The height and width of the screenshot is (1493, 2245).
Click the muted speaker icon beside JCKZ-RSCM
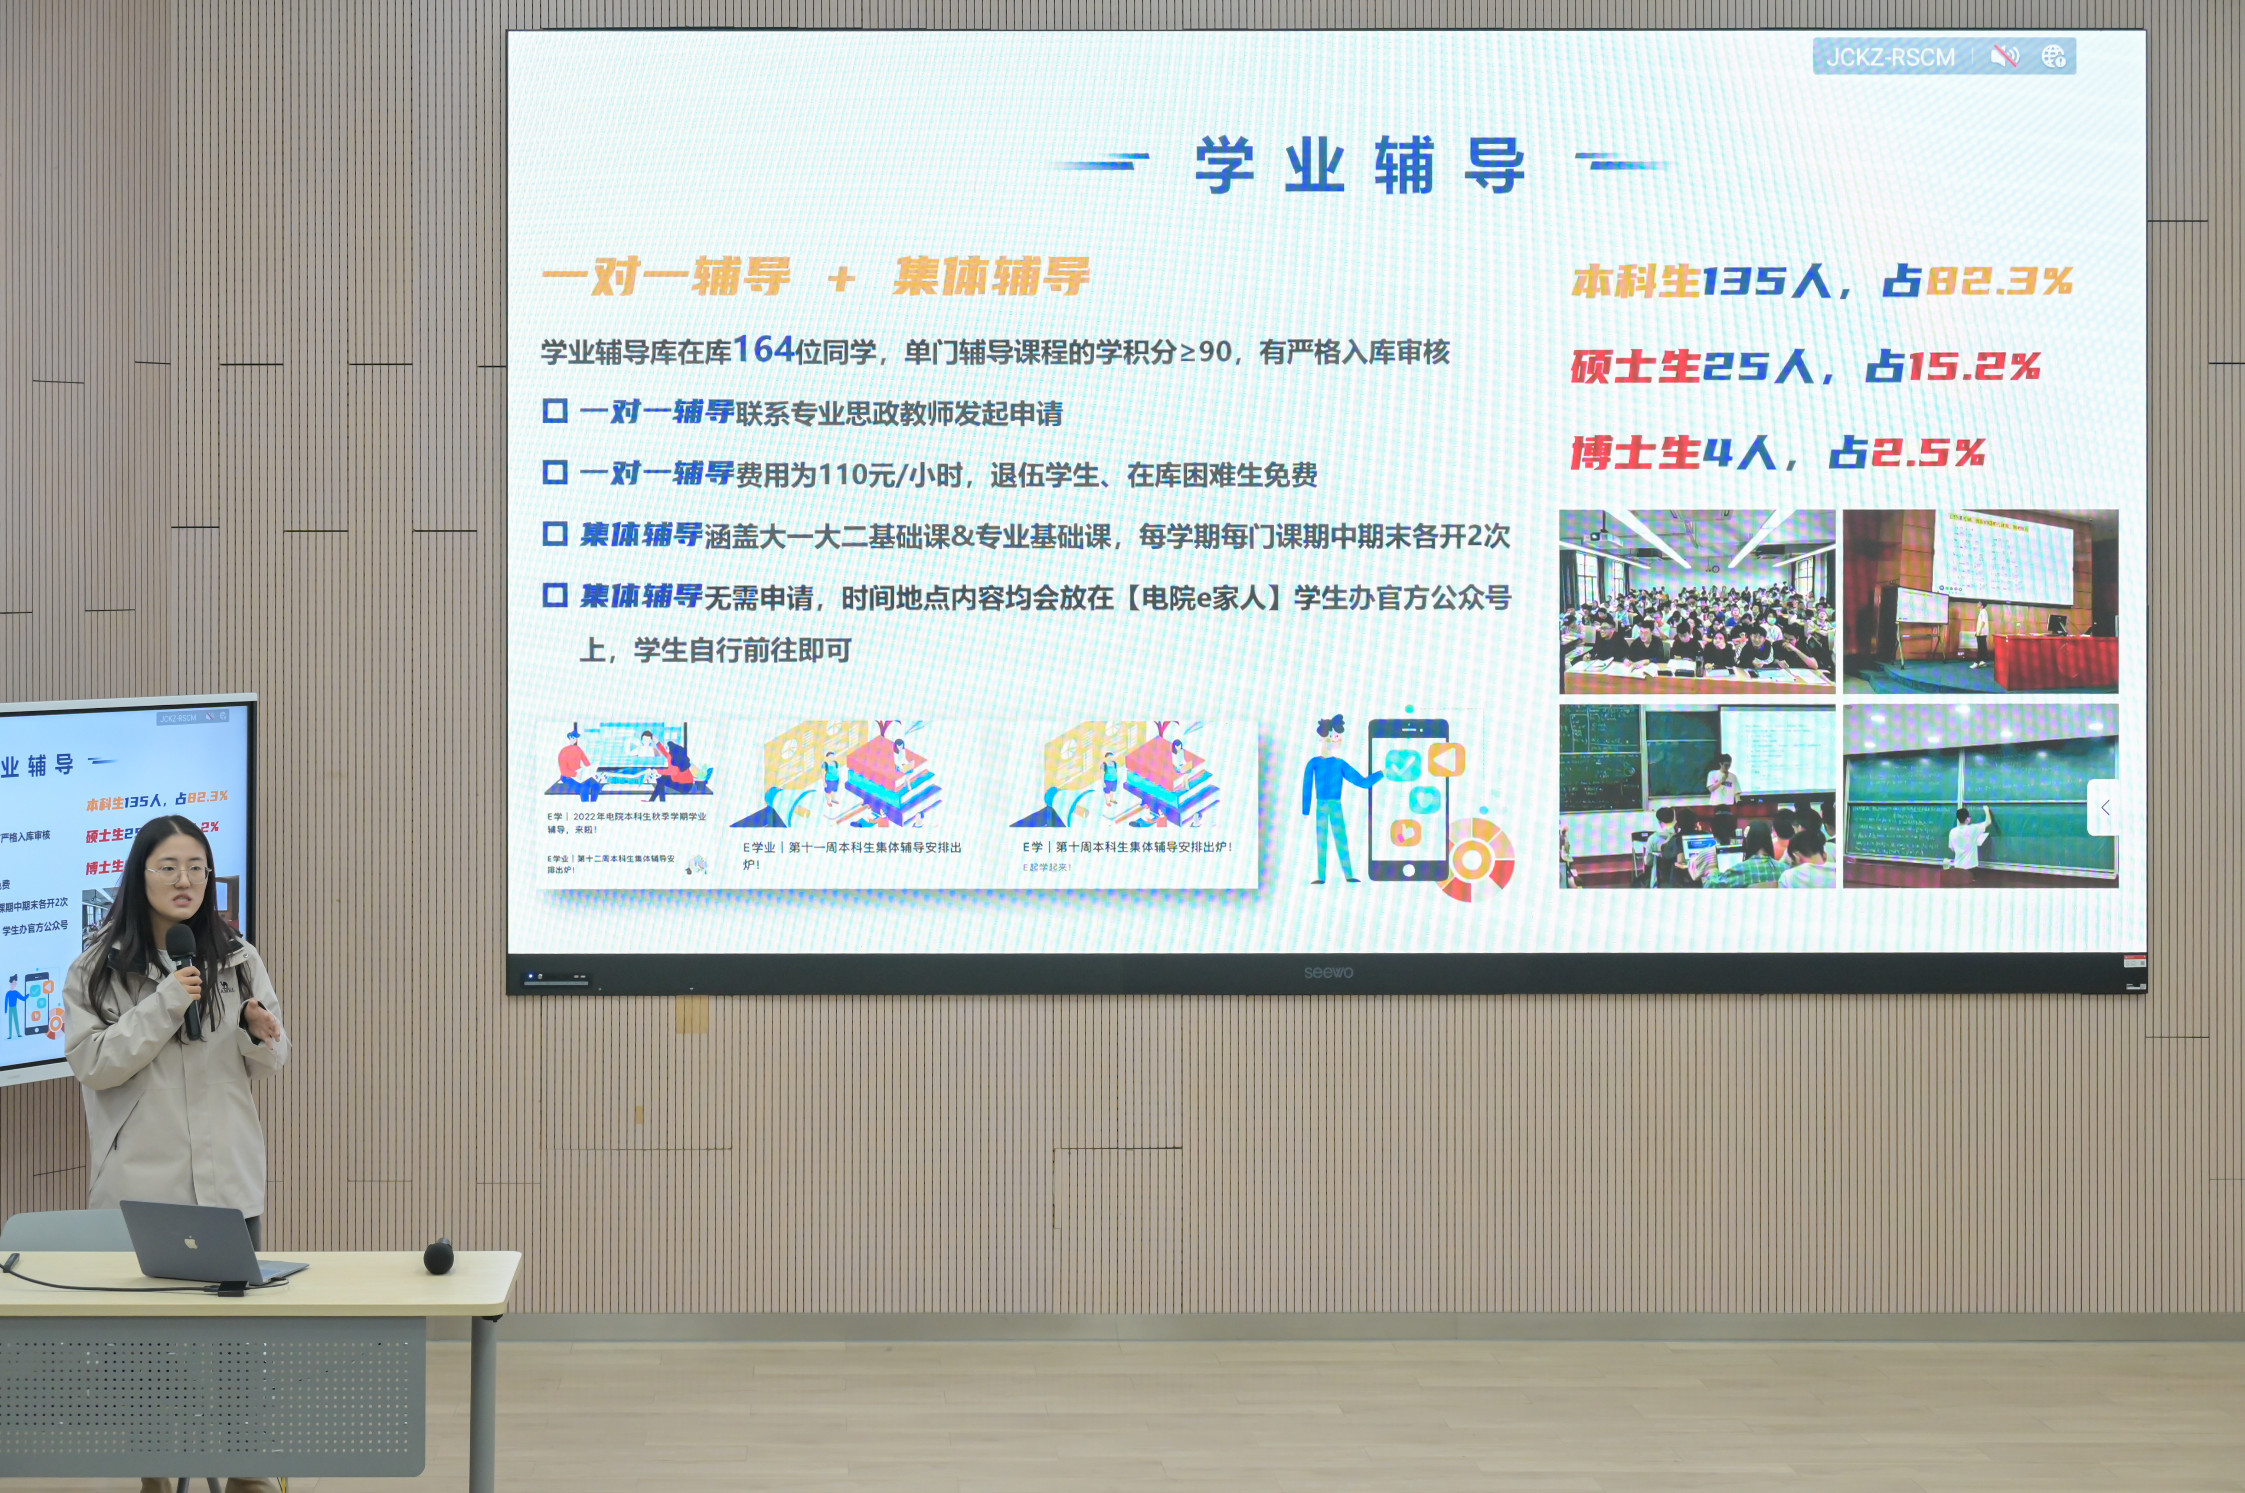2004,57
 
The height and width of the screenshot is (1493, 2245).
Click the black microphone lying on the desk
438,1257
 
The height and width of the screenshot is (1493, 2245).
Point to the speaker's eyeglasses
177,872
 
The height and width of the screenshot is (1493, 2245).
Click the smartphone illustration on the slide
1408,800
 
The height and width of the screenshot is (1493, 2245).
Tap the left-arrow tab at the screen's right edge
2104,807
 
